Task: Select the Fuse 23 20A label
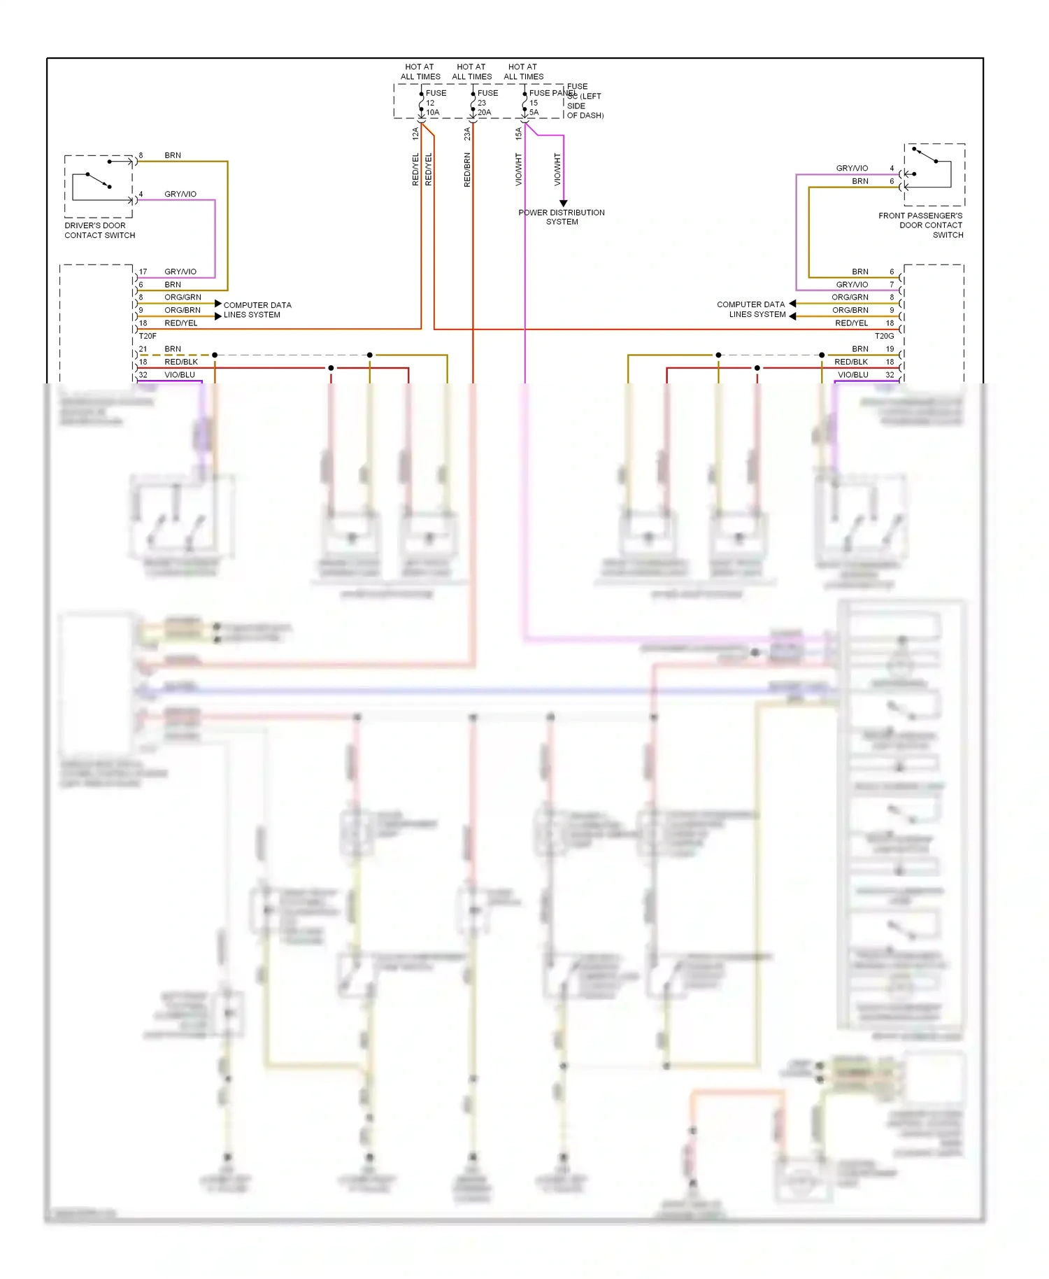486,103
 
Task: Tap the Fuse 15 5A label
536,103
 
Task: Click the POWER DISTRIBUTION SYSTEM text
562,217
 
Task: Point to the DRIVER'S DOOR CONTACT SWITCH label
99,230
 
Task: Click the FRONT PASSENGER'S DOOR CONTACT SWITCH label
921,225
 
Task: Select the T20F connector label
148,336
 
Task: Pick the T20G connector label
884,336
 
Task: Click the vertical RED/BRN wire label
467,170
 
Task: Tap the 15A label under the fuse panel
518,134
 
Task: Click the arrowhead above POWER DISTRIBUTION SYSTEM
564,203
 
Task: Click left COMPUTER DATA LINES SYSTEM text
257,310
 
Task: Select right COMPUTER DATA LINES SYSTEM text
751,309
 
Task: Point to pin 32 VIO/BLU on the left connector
168,375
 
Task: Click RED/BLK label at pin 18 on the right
851,362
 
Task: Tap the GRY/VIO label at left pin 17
180,271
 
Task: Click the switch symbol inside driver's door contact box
99,181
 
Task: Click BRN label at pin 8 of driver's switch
173,155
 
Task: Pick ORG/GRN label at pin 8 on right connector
850,297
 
